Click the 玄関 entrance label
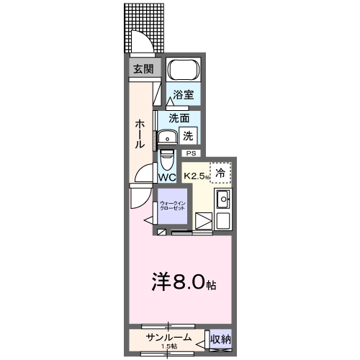coord(143,69)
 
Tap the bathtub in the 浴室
coord(183,71)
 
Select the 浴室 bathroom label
coord(183,94)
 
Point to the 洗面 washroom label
coord(179,117)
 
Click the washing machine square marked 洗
coord(188,134)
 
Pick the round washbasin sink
coord(168,135)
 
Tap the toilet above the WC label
coord(167,158)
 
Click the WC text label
coord(167,176)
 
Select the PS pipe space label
coord(192,153)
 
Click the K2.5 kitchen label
coord(195,175)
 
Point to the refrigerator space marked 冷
coord(222,173)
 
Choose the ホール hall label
coord(140,133)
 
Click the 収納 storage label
coord(221,338)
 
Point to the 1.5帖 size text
coord(170,347)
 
